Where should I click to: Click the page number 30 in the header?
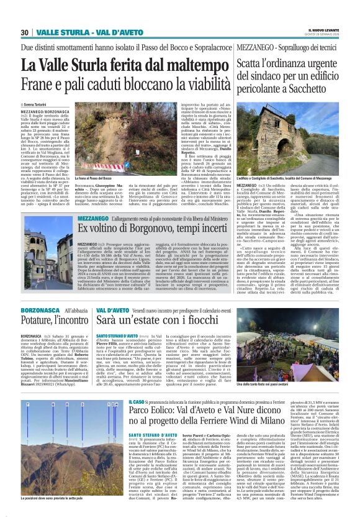25,32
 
